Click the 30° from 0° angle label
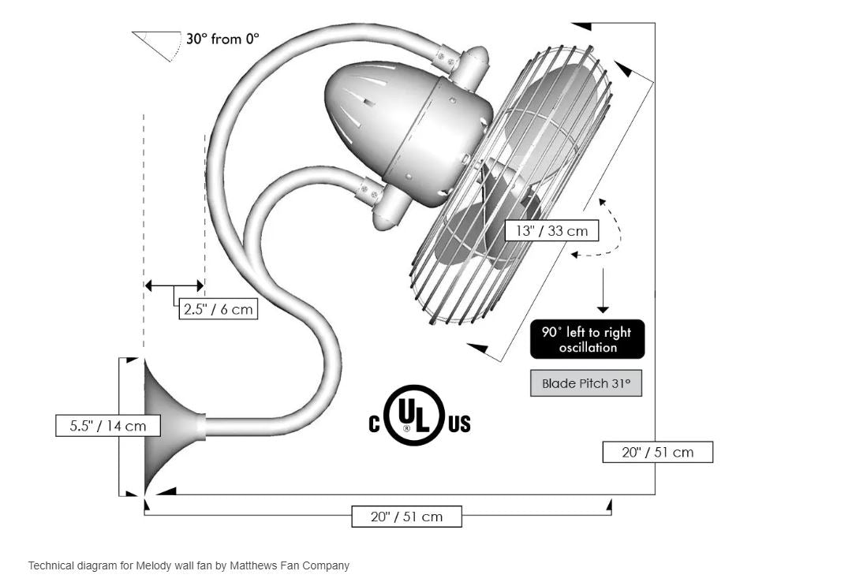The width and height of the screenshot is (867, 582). (x=222, y=38)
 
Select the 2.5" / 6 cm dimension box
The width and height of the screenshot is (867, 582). (x=218, y=309)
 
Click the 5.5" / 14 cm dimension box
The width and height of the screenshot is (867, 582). (x=108, y=426)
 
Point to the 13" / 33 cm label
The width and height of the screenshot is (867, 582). (x=551, y=231)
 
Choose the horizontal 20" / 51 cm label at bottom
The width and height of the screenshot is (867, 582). (x=406, y=517)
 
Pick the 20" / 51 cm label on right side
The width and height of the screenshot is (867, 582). (x=657, y=452)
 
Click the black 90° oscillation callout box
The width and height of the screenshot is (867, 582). (x=587, y=340)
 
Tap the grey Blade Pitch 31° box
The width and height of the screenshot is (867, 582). (x=585, y=384)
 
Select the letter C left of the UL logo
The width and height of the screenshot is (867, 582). (x=375, y=424)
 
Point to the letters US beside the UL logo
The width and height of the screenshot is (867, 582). (x=459, y=424)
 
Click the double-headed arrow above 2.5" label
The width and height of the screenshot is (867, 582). (x=174, y=285)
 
